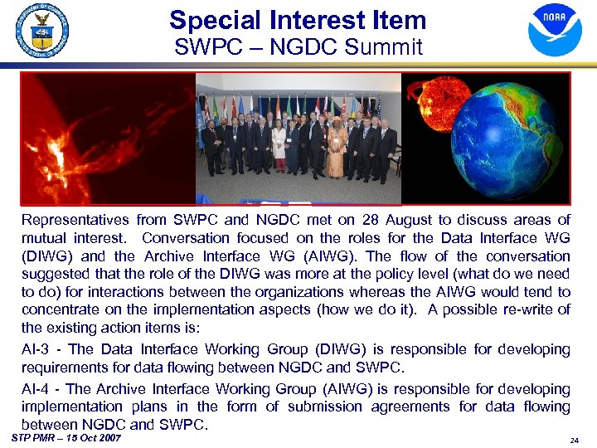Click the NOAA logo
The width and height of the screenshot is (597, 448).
click(x=555, y=30)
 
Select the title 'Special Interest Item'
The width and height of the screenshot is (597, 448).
click(x=298, y=20)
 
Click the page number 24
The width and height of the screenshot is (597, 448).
click(x=575, y=441)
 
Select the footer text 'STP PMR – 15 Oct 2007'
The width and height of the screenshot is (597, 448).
click(x=66, y=437)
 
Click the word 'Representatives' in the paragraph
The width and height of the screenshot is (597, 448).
click(x=75, y=220)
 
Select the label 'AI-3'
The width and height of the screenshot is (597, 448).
click(x=36, y=349)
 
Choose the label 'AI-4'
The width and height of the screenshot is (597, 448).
click(x=36, y=388)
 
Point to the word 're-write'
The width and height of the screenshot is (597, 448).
click(x=531, y=309)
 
